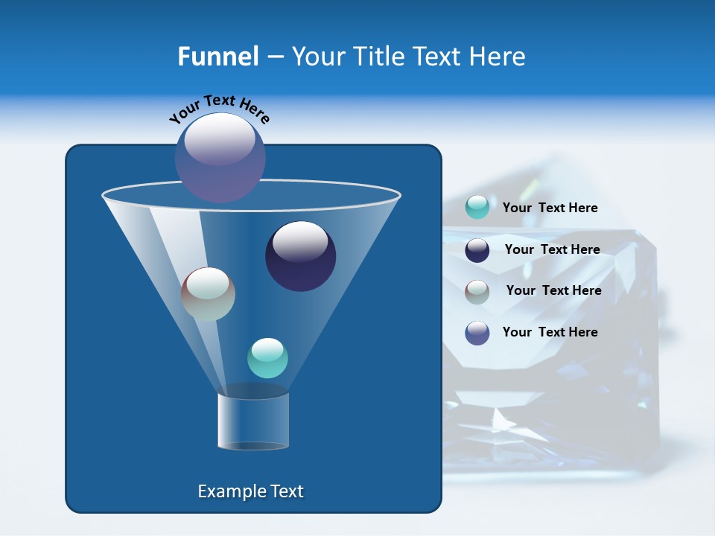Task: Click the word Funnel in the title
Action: pyautogui.click(x=218, y=57)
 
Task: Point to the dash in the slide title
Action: pyautogui.click(x=275, y=57)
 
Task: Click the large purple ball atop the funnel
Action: pyautogui.click(x=220, y=157)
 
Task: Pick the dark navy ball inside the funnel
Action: pyautogui.click(x=300, y=256)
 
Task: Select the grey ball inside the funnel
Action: pyautogui.click(x=208, y=294)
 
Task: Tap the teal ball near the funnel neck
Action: pyautogui.click(x=267, y=358)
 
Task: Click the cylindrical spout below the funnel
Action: pyautogui.click(x=252, y=421)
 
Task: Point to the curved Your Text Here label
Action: pyautogui.click(x=220, y=109)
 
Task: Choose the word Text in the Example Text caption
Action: pyautogui.click(x=285, y=491)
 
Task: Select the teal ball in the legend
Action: pyautogui.click(x=477, y=208)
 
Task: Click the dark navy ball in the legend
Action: pyautogui.click(x=477, y=250)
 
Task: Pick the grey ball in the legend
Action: pyautogui.click(x=477, y=291)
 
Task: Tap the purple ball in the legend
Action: pyautogui.click(x=477, y=333)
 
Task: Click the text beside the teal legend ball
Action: pyautogui.click(x=550, y=208)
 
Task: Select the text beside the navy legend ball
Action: pyautogui.click(x=552, y=250)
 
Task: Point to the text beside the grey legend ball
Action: pyautogui.click(x=553, y=291)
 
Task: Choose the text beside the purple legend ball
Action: pyautogui.click(x=550, y=333)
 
